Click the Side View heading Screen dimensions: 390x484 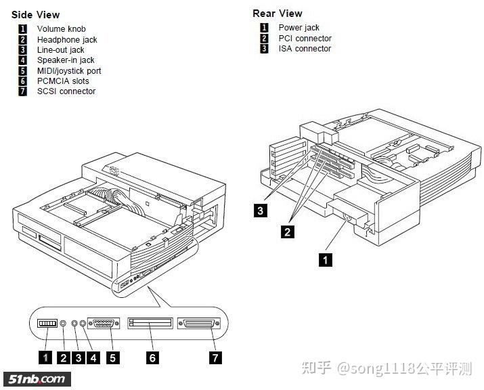35,14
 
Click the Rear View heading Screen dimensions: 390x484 278,13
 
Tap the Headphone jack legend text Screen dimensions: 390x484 66,39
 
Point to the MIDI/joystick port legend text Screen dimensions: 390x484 69,70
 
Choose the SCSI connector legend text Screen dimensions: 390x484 66,91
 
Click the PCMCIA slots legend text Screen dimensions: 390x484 63,81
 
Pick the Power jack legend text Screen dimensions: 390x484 299,28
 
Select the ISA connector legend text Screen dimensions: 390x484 305,49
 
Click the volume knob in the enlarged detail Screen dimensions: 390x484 47,324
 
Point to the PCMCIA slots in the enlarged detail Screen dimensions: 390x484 150,324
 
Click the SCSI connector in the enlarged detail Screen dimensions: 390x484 199,324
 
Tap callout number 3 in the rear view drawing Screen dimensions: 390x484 261,211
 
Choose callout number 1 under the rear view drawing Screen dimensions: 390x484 326,259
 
